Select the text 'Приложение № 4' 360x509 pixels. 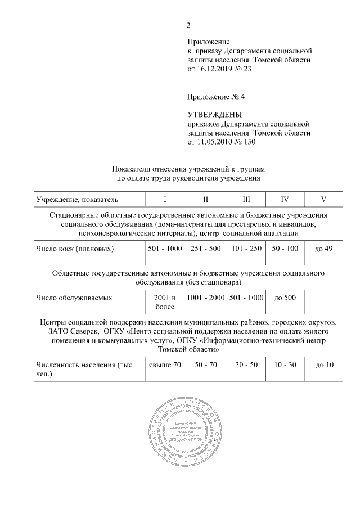click(x=216, y=96)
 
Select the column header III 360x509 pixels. click(x=246, y=199)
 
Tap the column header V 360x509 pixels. click(x=323, y=199)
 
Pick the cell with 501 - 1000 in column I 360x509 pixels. click(x=165, y=248)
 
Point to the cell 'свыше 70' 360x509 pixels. click(x=165, y=365)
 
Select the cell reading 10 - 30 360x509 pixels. click(x=285, y=365)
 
